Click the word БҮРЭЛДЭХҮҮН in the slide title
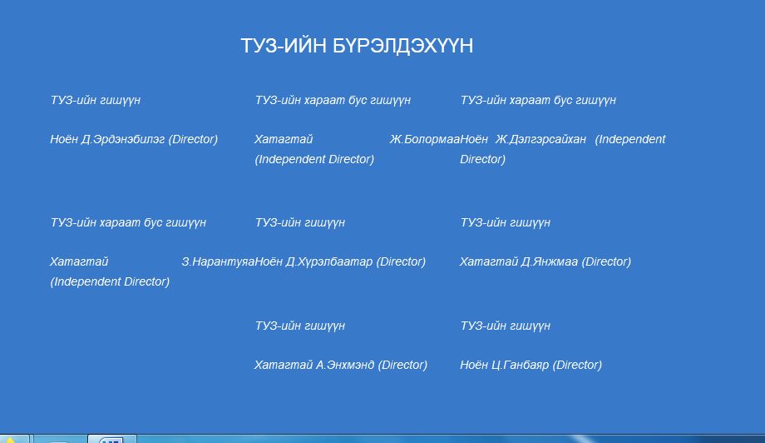click(403, 46)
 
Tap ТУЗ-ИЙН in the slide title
click(284, 46)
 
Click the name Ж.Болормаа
click(424, 140)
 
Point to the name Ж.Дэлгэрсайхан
click(540, 140)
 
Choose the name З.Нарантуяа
click(218, 262)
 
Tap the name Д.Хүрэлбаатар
click(329, 262)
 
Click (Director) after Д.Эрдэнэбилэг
click(193, 140)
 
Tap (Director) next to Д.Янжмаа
click(606, 262)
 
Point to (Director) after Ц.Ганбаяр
click(577, 366)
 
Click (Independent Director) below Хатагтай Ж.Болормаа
click(314, 160)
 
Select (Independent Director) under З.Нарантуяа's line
click(110, 282)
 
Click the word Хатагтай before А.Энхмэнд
click(284, 366)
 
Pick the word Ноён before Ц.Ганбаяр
click(474, 366)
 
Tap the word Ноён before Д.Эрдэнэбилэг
click(64, 140)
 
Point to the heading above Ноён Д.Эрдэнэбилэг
click(96, 100)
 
